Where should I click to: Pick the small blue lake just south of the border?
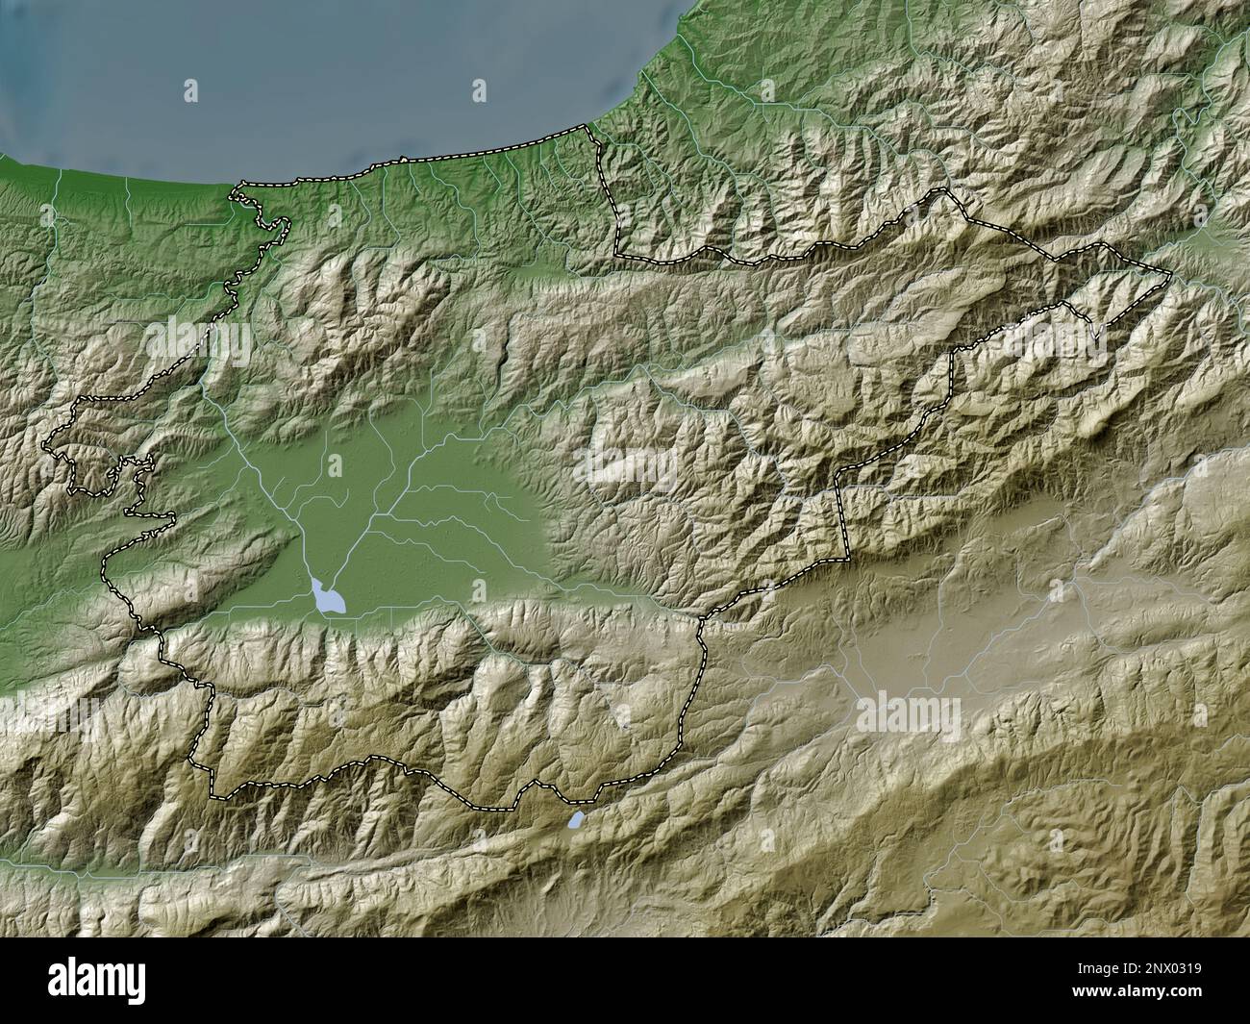[x=575, y=820]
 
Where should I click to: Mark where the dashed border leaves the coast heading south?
[x=594, y=135]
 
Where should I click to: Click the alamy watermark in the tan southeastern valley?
[x=908, y=712]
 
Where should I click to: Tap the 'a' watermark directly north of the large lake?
[x=334, y=466]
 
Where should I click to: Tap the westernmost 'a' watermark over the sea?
[x=190, y=91]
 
